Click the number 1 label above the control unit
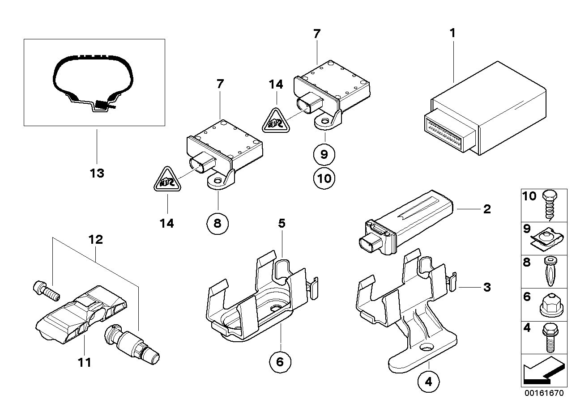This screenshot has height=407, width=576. pyautogui.click(x=452, y=33)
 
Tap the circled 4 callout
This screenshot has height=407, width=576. pyautogui.click(x=428, y=382)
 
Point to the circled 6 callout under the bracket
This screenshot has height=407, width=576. pyautogui.click(x=280, y=361)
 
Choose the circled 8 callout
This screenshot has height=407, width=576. pyautogui.click(x=218, y=223)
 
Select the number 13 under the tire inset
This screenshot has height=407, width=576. pyautogui.click(x=97, y=173)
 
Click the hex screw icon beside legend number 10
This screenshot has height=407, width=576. pyautogui.click(x=548, y=204)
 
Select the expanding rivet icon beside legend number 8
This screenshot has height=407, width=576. pyautogui.click(x=549, y=271)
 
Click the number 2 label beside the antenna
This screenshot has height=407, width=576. pyautogui.click(x=486, y=209)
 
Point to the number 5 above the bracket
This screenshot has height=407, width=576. pyautogui.click(x=281, y=223)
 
